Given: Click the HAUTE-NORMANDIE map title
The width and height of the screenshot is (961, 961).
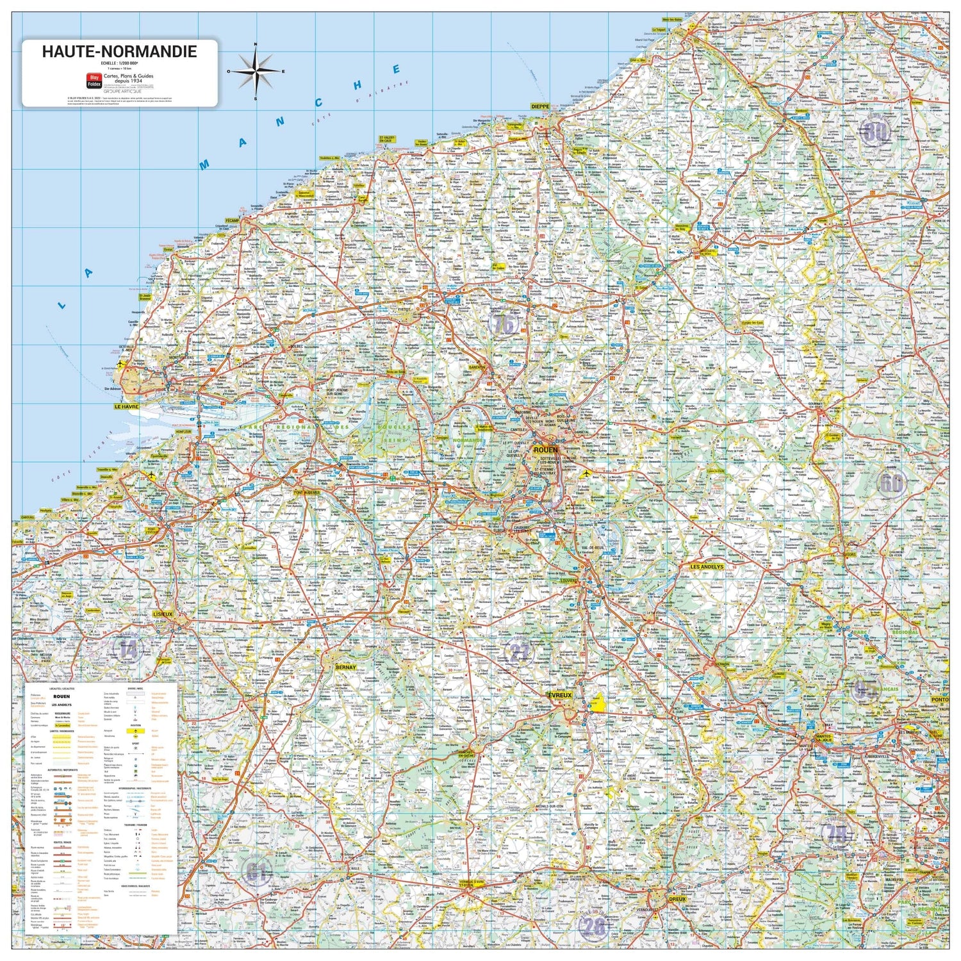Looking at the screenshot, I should tap(119, 51).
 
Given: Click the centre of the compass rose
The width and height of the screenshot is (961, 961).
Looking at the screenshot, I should tap(256, 70).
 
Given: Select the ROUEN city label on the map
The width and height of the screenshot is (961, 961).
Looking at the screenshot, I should tap(545, 450).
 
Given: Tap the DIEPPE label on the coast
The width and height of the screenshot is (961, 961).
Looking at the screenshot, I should tap(540, 107).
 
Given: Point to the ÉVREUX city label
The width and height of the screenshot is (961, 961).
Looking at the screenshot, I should tap(559, 695).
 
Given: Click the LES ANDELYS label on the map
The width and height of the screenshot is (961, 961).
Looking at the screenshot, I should tap(707, 567).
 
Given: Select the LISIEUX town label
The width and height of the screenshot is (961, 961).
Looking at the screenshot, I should tap(163, 614).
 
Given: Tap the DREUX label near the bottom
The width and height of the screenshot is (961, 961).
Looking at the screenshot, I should tap(677, 899).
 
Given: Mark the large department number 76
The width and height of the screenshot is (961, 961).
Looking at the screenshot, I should tap(504, 324).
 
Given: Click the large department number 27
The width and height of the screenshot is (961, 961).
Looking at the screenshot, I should tap(520, 653).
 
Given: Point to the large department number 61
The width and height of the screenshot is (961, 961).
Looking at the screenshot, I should tap(256, 871).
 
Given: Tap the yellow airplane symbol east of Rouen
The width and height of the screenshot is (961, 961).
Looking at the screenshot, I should tap(584, 474).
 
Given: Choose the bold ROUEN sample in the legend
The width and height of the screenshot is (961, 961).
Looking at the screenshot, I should tap(62, 696).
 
